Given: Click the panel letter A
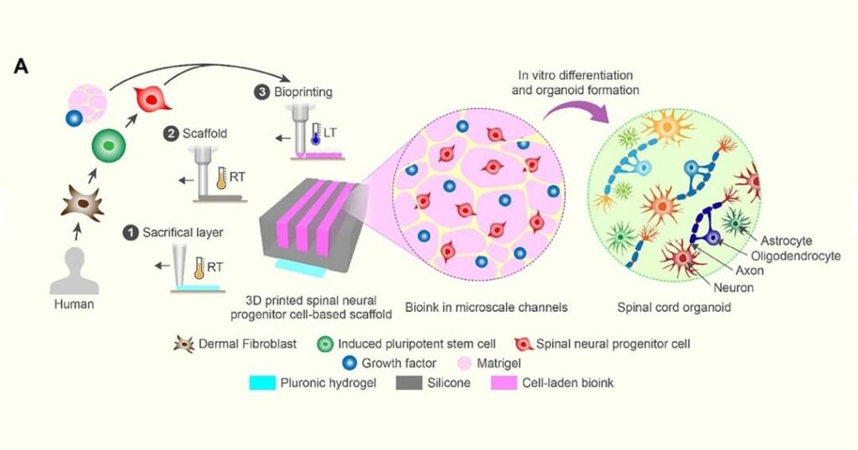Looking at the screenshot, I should click(21, 66).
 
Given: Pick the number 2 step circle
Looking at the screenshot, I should click(171, 132).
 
